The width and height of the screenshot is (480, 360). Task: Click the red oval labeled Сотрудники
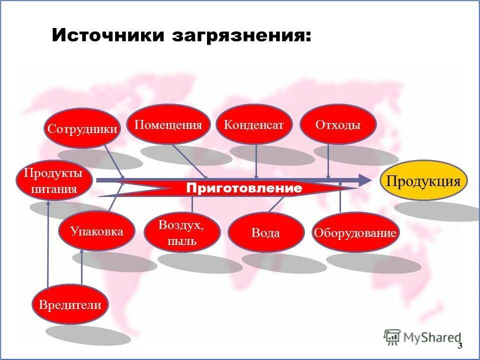[82, 128]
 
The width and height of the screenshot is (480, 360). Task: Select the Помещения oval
[168, 124]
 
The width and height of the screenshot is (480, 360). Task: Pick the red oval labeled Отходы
[337, 124]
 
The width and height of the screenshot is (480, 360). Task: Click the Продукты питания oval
[54, 181]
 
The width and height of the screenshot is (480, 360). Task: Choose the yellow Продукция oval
[423, 180]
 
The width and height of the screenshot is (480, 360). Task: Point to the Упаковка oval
[96, 231]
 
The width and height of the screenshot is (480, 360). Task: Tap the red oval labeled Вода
[266, 233]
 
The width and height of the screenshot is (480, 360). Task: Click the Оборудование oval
[355, 232]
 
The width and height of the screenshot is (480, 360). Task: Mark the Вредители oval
[70, 304]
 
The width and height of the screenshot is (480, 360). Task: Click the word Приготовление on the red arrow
[244, 188]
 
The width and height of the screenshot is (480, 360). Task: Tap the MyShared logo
[422, 337]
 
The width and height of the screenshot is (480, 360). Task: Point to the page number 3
[459, 346]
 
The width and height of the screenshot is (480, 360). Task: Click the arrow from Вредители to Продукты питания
[48, 245]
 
